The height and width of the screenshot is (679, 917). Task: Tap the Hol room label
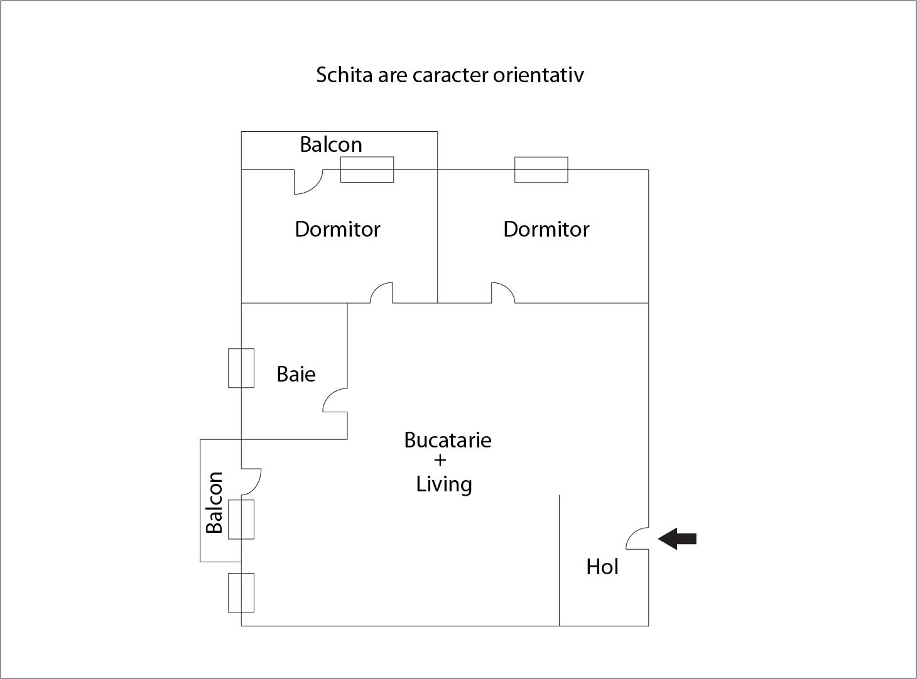[602, 567]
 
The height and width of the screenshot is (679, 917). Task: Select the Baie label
[296, 374]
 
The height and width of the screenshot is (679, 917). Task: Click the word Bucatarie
[447, 439]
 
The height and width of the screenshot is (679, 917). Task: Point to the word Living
[444, 484]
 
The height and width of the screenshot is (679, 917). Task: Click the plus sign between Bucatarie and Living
[440, 461]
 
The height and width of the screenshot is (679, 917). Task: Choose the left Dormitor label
[337, 229]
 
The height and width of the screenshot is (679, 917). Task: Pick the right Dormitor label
[546, 229]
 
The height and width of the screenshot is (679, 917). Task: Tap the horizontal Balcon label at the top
[330, 144]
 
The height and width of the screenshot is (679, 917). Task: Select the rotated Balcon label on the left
[215, 502]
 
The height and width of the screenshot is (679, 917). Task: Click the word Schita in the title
[344, 75]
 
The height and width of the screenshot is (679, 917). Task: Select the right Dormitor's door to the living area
[502, 293]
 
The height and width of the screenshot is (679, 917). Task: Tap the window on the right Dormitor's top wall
[541, 169]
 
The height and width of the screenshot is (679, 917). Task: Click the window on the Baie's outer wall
[241, 368]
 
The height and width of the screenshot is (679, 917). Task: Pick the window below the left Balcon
[241, 592]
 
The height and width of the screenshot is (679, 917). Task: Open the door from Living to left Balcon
[251, 481]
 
